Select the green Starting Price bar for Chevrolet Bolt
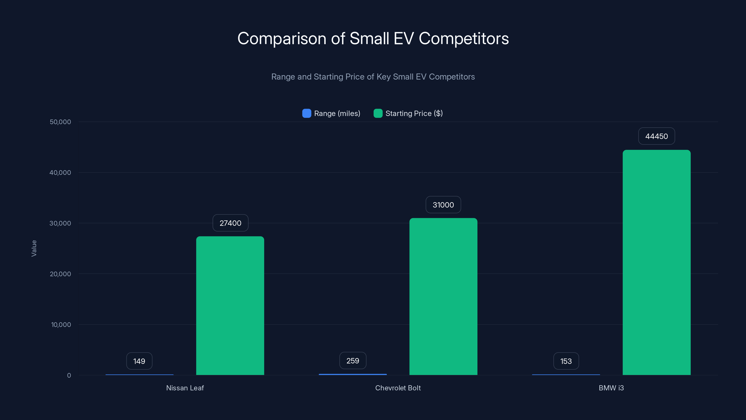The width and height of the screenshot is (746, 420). [443, 296]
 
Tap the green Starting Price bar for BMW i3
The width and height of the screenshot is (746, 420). [656, 262]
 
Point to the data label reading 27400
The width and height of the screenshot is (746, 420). [230, 223]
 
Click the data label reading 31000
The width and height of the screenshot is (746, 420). [443, 205]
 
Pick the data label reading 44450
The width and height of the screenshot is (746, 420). [656, 136]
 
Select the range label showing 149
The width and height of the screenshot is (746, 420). [139, 361]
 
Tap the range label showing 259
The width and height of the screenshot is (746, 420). [352, 360]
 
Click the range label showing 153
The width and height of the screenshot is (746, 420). [566, 361]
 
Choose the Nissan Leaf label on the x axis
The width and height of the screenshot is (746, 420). [185, 388]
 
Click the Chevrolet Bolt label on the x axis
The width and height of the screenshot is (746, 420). [398, 388]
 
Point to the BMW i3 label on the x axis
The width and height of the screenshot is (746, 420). [611, 388]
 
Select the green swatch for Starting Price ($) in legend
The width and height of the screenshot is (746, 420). [378, 113]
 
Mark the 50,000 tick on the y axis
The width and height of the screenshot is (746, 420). [60, 122]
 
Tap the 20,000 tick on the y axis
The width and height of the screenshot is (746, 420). [60, 274]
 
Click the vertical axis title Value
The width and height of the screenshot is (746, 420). [34, 248]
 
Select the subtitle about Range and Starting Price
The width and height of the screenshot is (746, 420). [373, 77]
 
